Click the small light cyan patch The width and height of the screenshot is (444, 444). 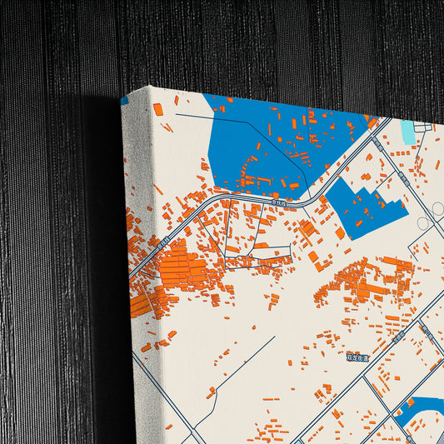click(407, 132)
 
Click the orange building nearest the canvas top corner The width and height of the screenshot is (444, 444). click(158, 109)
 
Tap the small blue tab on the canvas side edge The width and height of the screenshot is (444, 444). click(125, 101)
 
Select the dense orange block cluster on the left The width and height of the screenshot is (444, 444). click(183, 271)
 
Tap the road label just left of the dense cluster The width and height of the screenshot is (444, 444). click(163, 242)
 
